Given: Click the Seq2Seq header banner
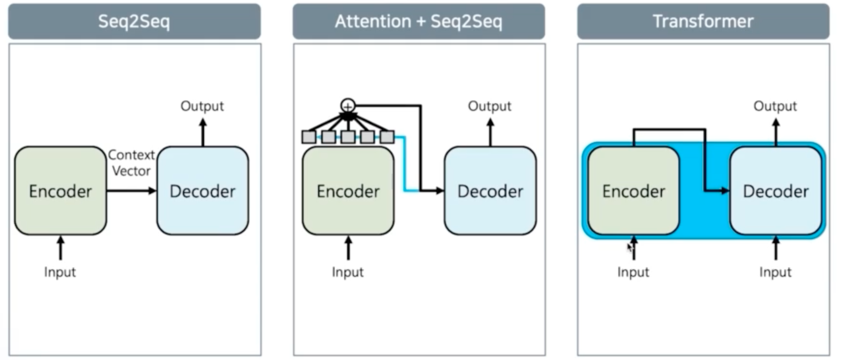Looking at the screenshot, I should (134, 21).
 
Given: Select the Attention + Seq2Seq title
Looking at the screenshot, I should (419, 21).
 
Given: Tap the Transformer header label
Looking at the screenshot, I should (703, 21).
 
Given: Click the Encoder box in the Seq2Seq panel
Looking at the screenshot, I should (60, 191).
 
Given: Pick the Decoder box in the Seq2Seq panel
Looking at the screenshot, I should (203, 191).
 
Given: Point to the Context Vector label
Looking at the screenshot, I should (131, 163).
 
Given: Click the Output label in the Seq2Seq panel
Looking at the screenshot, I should (202, 106).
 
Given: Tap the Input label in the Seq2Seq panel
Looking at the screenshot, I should (60, 272).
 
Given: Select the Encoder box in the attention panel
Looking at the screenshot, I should (348, 191).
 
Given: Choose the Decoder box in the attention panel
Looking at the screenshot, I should (490, 191).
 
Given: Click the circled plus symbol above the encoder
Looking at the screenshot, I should (348, 105).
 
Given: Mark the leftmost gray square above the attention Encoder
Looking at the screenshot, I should (309, 137).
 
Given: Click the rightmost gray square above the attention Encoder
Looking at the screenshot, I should (387, 137).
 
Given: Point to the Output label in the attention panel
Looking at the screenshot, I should (490, 106).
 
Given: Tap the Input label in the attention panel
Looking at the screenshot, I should (348, 272).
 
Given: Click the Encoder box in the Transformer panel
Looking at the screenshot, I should (633, 191).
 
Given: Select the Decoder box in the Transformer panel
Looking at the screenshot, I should (775, 191).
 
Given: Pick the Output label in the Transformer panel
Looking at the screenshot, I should (775, 106).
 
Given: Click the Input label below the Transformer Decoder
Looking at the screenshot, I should (775, 272).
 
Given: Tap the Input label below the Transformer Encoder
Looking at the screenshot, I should (633, 272).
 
